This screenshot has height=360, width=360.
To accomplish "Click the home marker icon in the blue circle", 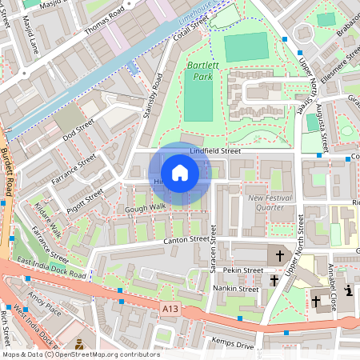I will point(180,173).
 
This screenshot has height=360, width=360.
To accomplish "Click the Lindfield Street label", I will point(215,150).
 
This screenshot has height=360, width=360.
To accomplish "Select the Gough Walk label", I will point(145,208).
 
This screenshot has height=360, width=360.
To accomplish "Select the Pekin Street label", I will point(242,270).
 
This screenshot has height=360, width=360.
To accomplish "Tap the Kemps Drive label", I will point(234,345).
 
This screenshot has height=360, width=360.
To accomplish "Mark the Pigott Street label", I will point(85,196).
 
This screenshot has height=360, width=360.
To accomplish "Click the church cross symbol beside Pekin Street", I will point(280,256).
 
